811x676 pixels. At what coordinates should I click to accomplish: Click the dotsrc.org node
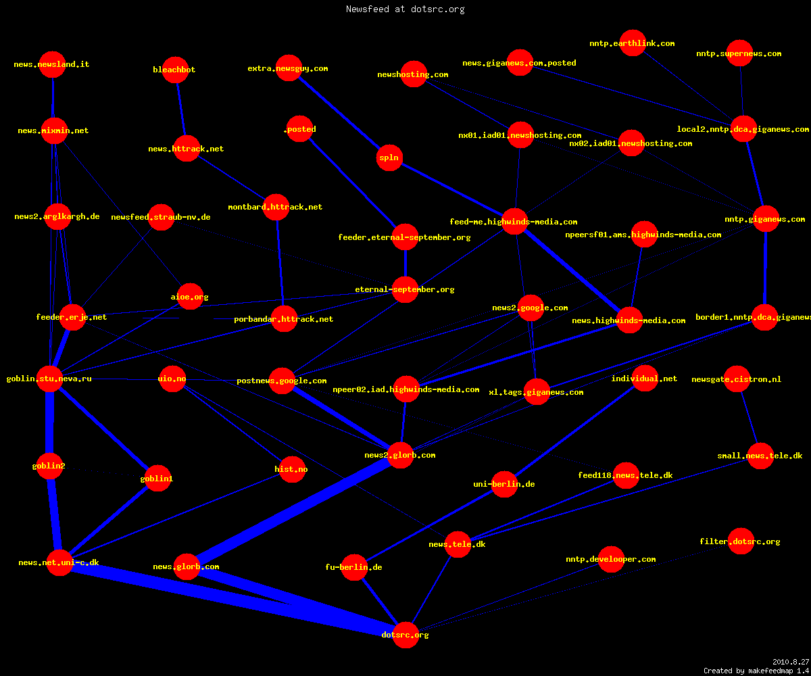(405, 635)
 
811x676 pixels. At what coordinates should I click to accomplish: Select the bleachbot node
(175, 70)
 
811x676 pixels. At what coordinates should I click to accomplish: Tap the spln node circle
(389, 158)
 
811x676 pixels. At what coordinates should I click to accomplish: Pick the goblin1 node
(157, 478)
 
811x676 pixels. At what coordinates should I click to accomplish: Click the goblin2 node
(49, 466)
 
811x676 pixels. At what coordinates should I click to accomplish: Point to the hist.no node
(292, 469)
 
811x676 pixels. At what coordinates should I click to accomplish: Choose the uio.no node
(172, 379)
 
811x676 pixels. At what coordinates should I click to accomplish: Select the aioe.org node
(190, 297)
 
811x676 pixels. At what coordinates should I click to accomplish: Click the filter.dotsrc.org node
(741, 541)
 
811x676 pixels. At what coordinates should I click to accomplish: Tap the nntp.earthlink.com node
(633, 43)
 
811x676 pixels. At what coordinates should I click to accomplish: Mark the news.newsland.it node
(53, 64)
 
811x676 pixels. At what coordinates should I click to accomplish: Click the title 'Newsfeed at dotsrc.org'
(405, 9)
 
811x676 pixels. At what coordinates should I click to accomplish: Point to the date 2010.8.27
(791, 662)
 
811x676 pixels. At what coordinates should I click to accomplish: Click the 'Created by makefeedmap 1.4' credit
(756, 671)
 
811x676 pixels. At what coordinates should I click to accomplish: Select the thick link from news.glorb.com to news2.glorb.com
(293, 511)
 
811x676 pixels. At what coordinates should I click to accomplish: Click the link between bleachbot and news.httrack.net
(181, 109)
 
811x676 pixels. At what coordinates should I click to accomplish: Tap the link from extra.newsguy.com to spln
(339, 113)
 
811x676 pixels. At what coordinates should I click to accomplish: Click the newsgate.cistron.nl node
(737, 379)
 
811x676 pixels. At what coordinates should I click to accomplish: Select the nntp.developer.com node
(612, 560)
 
